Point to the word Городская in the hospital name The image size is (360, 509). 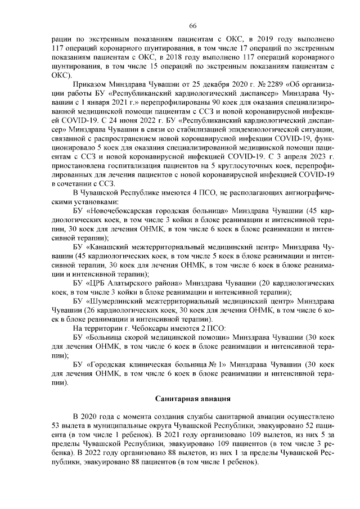point(110,363)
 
